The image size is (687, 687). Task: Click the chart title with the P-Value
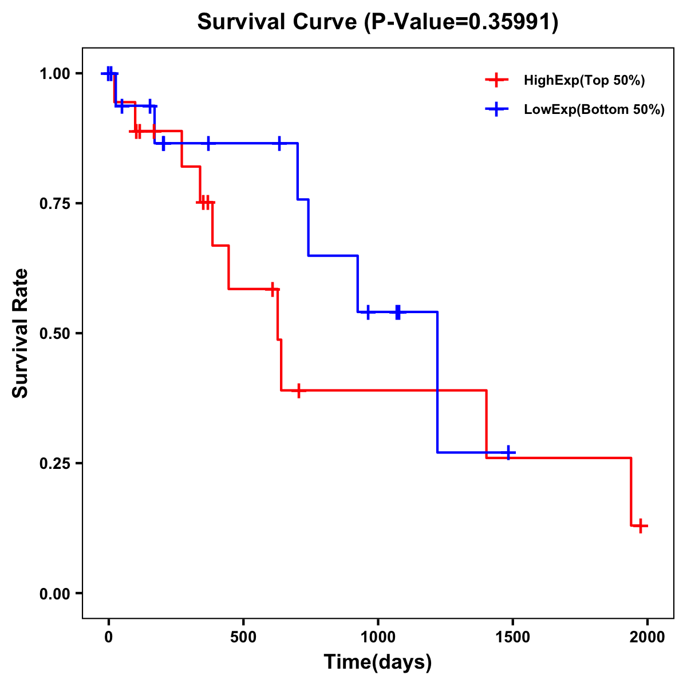[377, 22]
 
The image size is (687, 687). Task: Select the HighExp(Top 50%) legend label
[584, 81]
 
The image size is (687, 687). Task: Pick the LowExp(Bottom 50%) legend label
[594, 110]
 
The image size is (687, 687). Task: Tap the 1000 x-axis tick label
[378, 637]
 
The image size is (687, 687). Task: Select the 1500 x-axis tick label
[512, 637]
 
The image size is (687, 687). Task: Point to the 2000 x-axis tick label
[647, 637]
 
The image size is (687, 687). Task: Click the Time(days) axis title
[378, 662]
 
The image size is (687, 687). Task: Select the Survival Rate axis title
[21, 333]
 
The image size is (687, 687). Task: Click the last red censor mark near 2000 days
[641, 526]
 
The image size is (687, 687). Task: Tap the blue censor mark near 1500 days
[508, 452]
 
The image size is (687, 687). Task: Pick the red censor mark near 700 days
[298, 390]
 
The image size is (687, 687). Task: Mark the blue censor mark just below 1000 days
[368, 312]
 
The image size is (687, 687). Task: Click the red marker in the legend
[496, 81]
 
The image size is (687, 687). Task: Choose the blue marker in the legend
[496, 110]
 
